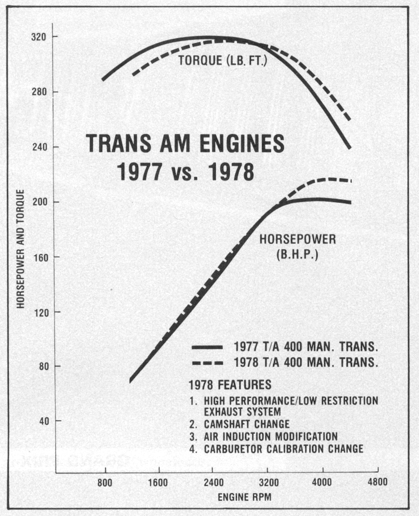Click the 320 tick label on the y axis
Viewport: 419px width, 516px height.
click(39, 36)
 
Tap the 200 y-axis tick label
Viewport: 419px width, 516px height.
click(39, 202)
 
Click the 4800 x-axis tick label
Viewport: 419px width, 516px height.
click(377, 483)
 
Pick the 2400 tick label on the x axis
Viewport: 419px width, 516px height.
click(213, 483)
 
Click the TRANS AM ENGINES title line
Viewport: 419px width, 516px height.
click(186, 145)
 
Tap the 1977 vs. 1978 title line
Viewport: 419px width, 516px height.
click(185, 172)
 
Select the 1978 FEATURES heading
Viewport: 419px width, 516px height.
click(230, 385)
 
